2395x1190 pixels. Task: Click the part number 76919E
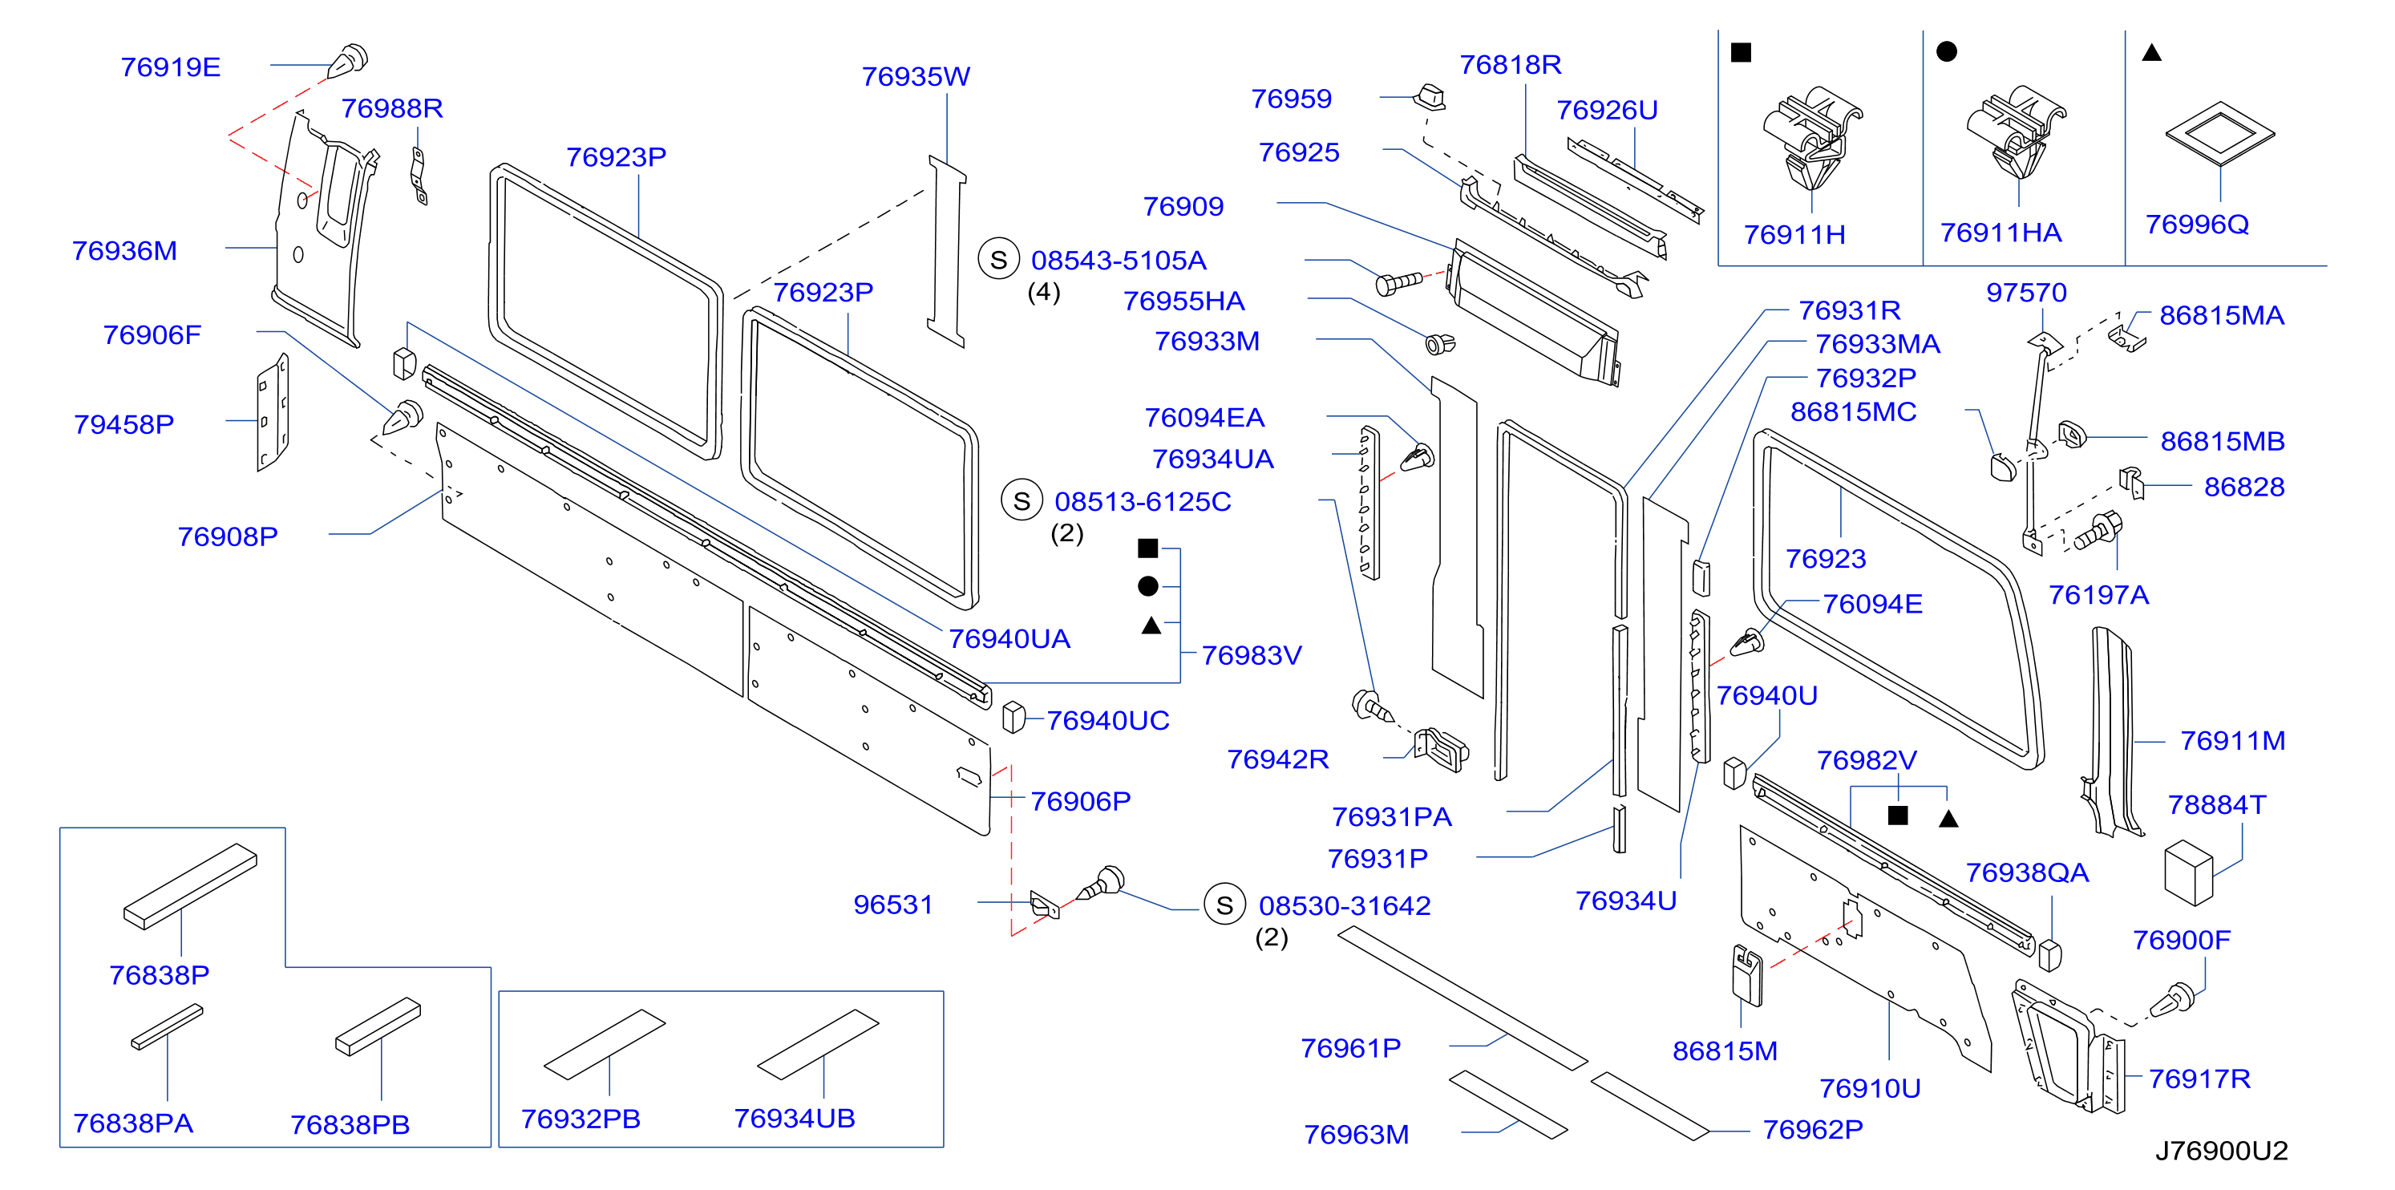(x=170, y=67)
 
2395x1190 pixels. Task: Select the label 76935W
(x=916, y=76)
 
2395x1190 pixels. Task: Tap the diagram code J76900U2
(x=2221, y=1151)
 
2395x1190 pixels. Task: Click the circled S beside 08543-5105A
(x=998, y=259)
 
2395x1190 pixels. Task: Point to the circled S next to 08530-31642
(x=1224, y=905)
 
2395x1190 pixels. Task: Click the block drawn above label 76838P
(x=190, y=885)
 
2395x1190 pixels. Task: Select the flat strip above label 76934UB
(x=817, y=1044)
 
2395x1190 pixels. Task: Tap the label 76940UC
(x=1107, y=721)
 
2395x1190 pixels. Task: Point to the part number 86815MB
(x=2222, y=442)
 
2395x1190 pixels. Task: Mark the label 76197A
(x=2098, y=595)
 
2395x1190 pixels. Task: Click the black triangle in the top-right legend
(x=2150, y=53)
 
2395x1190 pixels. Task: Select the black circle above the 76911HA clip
(x=1946, y=51)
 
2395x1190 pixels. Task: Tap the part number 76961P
(x=1350, y=1049)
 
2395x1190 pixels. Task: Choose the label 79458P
(x=123, y=425)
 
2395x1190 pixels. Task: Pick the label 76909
(x=1183, y=206)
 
